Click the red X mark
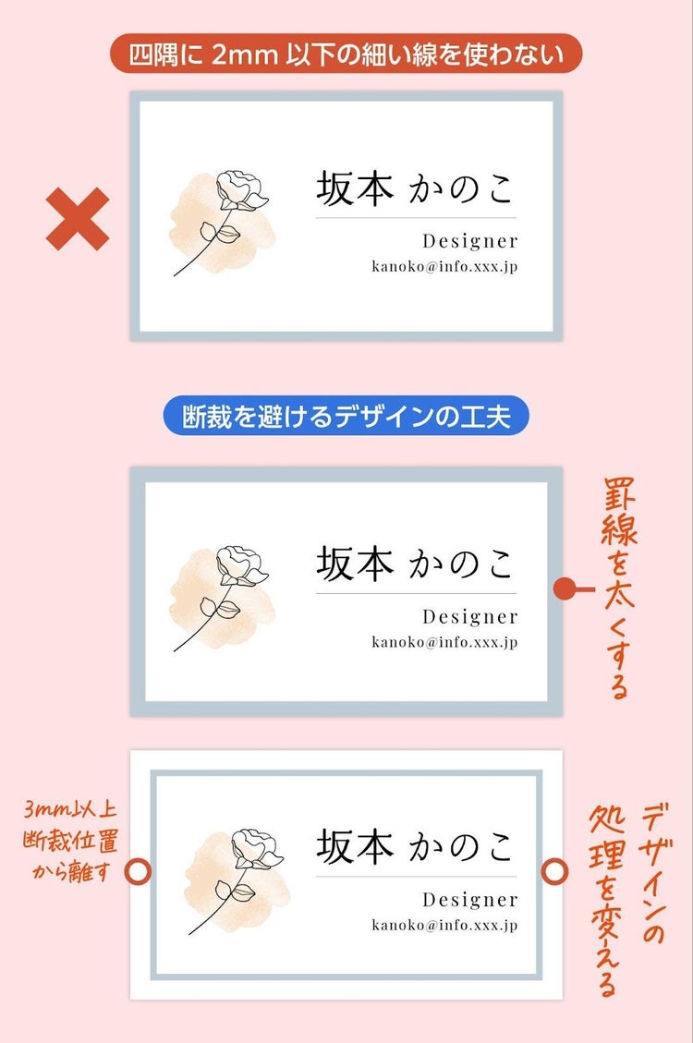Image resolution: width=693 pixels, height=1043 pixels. pyautogui.click(x=77, y=219)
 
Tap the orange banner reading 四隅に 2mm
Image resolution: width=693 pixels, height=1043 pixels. pyautogui.click(x=346, y=54)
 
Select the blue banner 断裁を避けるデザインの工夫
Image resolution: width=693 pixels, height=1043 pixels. pyautogui.click(x=346, y=417)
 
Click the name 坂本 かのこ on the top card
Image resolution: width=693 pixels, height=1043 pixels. pyautogui.click(x=414, y=188)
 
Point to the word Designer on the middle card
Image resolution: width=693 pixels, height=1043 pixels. pyautogui.click(x=469, y=616)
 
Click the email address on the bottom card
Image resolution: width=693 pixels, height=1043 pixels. pyautogui.click(x=444, y=925)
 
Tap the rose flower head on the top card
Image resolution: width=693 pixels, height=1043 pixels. pyautogui.click(x=241, y=190)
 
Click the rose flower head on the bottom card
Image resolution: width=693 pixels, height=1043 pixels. pyautogui.click(x=256, y=849)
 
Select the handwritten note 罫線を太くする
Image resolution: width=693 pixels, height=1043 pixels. pyautogui.click(x=619, y=588)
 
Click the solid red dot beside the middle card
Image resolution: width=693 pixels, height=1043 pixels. pyautogui.click(x=564, y=588)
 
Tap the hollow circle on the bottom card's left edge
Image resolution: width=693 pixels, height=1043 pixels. pyautogui.click(x=139, y=871)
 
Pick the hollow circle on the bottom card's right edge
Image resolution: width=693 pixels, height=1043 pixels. pyautogui.click(x=554, y=871)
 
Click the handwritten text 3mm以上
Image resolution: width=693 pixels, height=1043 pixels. pyautogui.click(x=70, y=809)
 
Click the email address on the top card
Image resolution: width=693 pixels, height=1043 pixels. pyautogui.click(x=444, y=266)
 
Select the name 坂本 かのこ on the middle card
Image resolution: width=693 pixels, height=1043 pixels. pyautogui.click(x=414, y=564)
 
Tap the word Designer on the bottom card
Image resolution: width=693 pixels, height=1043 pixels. pyautogui.click(x=469, y=899)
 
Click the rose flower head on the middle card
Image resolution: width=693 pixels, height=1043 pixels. pyautogui.click(x=241, y=566)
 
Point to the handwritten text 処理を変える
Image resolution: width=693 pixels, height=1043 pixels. pyautogui.click(x=605, y=902)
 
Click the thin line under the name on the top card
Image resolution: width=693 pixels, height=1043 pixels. pyautogui.click(x=417, y=217)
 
